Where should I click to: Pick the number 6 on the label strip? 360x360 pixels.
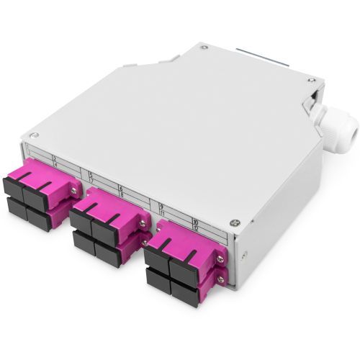point(120,189)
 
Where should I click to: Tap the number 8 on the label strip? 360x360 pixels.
point(120,195)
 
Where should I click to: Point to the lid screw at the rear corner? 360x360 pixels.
point(204,48)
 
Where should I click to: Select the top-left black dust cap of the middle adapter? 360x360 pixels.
point(82,221)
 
